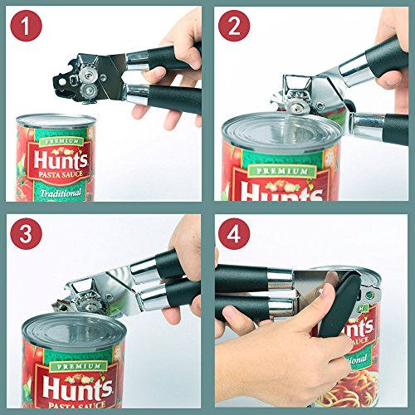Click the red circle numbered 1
pos(26,26)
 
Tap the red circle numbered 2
pos(234,26)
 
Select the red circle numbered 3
pos(26,234)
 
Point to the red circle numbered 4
pos(234,234)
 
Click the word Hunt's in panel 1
pos(61,160)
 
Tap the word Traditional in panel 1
pos(61,193)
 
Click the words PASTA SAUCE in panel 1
pos(61,174)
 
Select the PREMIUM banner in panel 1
pos(61,141)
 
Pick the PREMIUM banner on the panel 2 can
pos(281,171)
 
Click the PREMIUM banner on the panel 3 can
pos(79,366)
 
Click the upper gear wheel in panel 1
pos(88,75)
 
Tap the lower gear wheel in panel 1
pos(90,90)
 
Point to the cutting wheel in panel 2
pos(298,108)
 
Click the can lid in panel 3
pos(74,330)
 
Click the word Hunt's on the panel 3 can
pos(77,388)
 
